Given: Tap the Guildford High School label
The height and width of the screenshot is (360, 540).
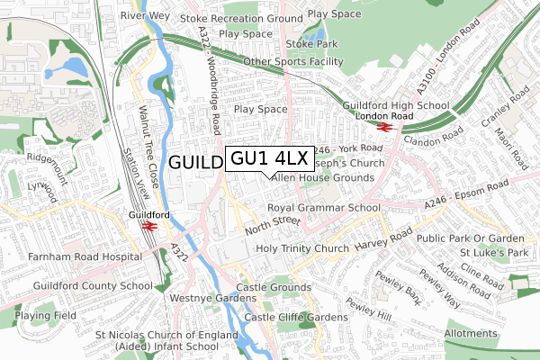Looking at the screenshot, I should click(x=396, y=105).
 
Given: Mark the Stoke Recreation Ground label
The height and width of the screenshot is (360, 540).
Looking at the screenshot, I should click(x=241, y=18).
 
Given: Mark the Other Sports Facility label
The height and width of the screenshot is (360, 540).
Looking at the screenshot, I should click(x=293, y=61).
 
